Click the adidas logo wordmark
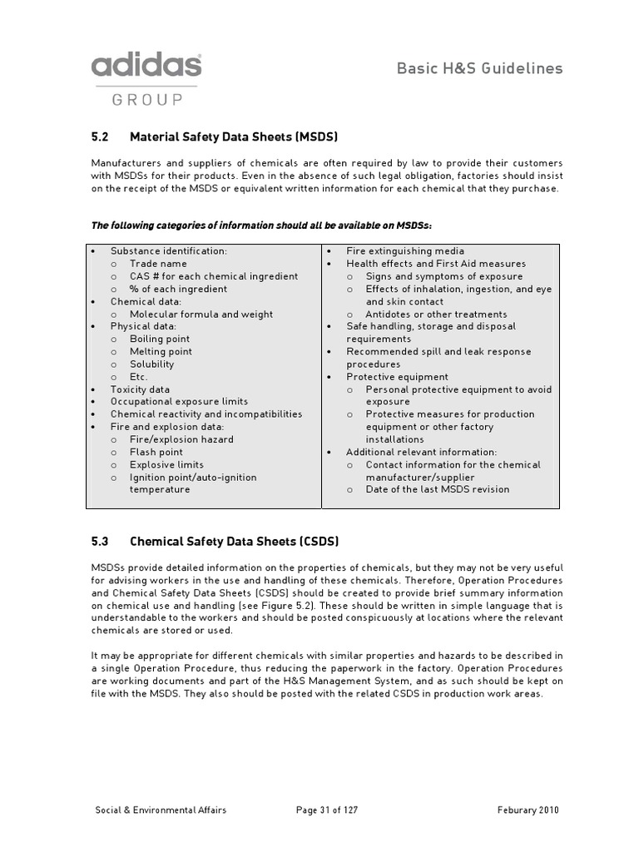146,67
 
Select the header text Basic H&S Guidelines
479,68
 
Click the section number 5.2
100,136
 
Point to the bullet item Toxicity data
140,389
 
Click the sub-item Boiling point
160,339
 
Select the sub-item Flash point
156,452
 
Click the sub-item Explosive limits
166,464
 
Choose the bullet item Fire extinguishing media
405,251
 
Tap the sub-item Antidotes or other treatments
436,315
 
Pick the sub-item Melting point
161,352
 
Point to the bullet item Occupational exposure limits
179,402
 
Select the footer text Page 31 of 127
327,810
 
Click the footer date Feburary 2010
528,810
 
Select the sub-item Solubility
151,364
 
